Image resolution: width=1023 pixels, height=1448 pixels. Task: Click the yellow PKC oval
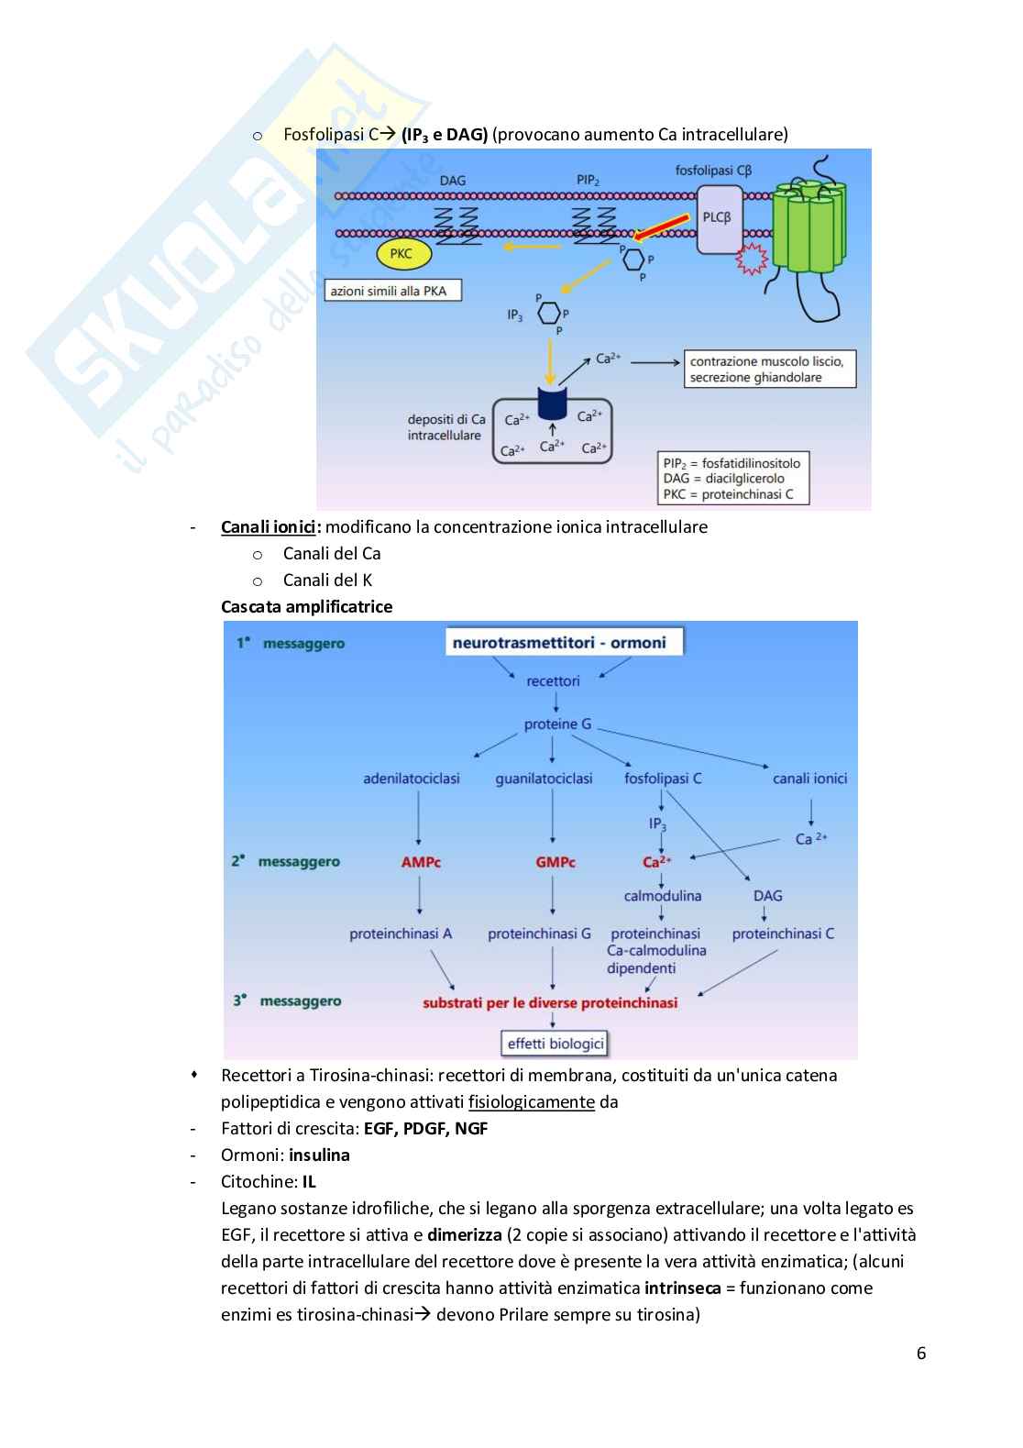coord(401,254)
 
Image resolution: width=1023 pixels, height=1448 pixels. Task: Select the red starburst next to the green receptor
coord(754,260)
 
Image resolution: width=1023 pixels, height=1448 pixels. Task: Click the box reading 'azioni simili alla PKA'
coord(392,291)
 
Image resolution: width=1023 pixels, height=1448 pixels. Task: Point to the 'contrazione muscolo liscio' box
coord(769,369)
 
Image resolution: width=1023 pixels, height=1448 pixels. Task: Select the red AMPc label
coord(421,862)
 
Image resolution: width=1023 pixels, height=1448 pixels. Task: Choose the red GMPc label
coord(555,862)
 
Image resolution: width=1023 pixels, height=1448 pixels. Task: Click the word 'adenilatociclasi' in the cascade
coord(412,779)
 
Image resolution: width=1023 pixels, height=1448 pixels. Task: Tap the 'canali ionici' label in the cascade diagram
coord(809,779)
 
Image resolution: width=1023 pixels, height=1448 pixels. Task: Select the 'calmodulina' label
coord(662,896)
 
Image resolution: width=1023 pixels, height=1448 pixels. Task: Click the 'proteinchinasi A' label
coord(401,934)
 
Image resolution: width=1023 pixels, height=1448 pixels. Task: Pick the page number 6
coord(920,1354)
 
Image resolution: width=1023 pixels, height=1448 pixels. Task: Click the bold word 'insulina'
coord(319,1155)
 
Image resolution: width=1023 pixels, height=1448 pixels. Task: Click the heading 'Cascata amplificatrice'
coord(306,606)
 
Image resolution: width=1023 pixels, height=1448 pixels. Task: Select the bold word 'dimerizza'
coord(464,1234)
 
